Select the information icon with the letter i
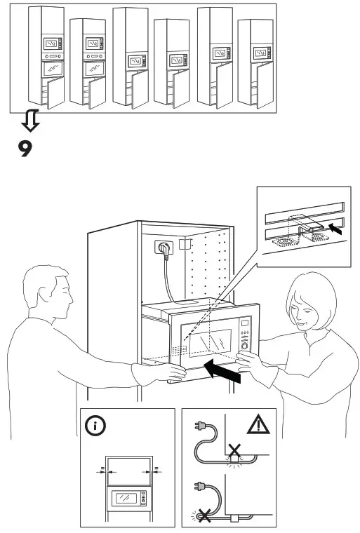[x=93, y=425]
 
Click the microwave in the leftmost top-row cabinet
[x=52, y=45]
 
